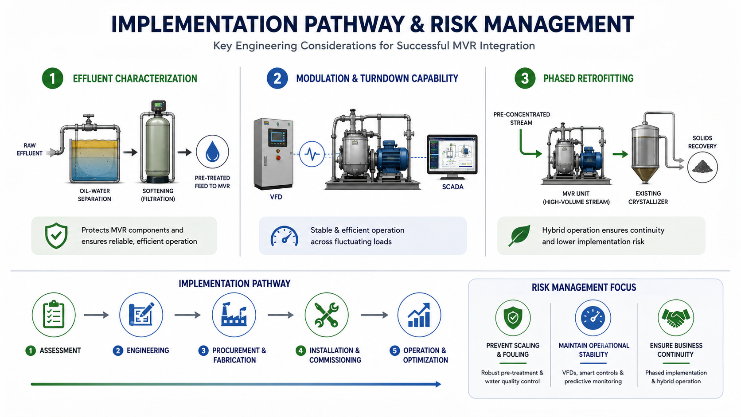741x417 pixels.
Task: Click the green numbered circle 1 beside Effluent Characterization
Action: (53, 78)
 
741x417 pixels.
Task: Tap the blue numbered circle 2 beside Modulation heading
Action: (277, 78)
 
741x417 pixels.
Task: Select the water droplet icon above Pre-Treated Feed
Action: (212, 152)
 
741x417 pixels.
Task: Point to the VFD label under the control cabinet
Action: (276, 197)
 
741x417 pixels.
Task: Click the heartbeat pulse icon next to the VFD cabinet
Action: (312, 154)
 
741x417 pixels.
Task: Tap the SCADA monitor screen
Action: (452, 153)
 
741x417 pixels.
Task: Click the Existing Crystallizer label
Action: (648, 198)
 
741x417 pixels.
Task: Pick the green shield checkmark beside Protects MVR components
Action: (56, 236)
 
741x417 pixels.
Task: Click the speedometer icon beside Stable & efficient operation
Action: (285, 236)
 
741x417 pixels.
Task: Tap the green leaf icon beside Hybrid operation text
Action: (520, 235)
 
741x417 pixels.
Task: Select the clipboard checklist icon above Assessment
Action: (54, 315)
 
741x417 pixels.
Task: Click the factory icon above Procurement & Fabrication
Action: (234, 315)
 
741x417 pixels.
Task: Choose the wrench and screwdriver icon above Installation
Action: (327, 315)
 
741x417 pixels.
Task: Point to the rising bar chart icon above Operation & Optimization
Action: (419, 315)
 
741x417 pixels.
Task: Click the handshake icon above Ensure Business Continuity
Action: (675, 318)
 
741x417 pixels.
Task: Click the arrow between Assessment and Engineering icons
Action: (96, 315)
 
